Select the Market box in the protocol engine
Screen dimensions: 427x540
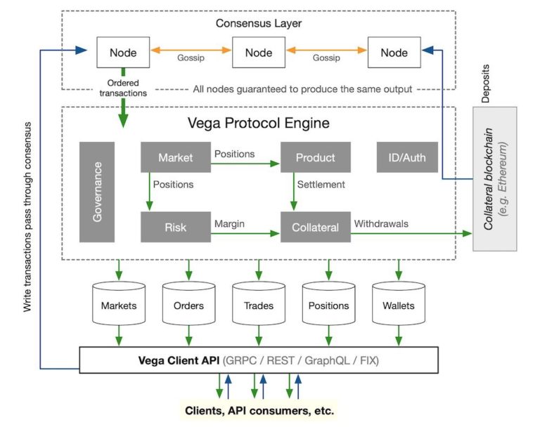tap(176, 157)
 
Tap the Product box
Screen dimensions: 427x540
tap(316, 157)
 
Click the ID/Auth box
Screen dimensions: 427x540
tap(406, 157)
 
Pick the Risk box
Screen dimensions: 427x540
tap(176, 227)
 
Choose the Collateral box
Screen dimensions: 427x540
tap(316, 227)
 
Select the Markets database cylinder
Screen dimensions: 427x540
tap(118, 305)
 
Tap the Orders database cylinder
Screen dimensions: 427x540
tap(188, 305)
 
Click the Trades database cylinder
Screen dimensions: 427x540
tap(258, 305)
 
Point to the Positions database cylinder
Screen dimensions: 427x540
tap(328, 305)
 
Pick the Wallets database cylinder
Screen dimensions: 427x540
tap(399, 305)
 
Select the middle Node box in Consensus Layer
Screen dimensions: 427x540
tap(258, 53)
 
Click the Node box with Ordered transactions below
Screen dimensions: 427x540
tap(122, 53)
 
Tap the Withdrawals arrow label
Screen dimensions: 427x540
tap(382, 224)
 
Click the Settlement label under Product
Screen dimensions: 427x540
tap(321, 185)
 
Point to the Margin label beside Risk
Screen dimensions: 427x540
tap(229, 224)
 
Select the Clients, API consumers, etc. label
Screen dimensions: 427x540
tap(259, 410)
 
